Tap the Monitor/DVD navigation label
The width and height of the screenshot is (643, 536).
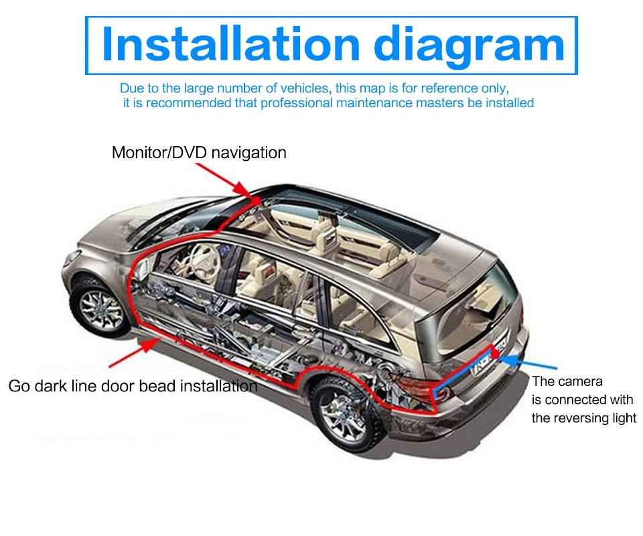199,153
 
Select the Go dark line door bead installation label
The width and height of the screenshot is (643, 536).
133,386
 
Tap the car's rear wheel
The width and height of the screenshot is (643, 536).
342,409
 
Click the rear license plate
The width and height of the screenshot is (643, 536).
484,362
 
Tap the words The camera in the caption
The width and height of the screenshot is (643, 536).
567,381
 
